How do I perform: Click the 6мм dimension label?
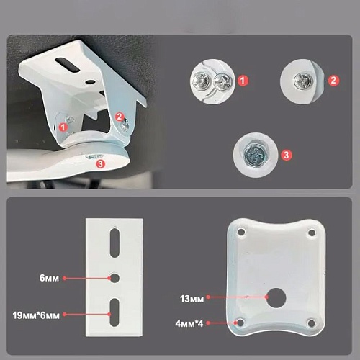(x=49, y=278)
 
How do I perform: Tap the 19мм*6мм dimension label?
(x=36, y=315)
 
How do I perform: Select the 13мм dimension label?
(x=192, y=299)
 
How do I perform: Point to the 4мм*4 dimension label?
(x=189, y=324)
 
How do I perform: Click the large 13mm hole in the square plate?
(x=276, y=297)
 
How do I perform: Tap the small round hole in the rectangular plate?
(x=114, y=278)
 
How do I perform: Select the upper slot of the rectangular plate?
(x=114, y=243)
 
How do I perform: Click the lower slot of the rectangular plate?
(x=114, y=312)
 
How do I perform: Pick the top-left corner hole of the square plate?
(x=241, y=232)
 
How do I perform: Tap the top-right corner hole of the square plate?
(x=312, y=233)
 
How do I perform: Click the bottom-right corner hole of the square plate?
(x=311, y=323)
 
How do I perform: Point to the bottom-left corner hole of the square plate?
(x=240, y=323)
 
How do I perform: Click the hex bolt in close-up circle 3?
(x=255, y=156)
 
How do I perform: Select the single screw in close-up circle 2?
(x=304, y=81)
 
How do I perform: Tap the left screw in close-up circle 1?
(x=201, y=81)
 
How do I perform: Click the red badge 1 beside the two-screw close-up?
(x=243, y=81)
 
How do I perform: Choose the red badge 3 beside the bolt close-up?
(x=286, y=155)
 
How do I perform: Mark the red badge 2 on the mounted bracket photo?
(x=120, y=117)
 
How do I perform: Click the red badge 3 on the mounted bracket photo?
(x=101, y=164)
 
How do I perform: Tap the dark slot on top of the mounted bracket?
(x=67, y=65)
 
